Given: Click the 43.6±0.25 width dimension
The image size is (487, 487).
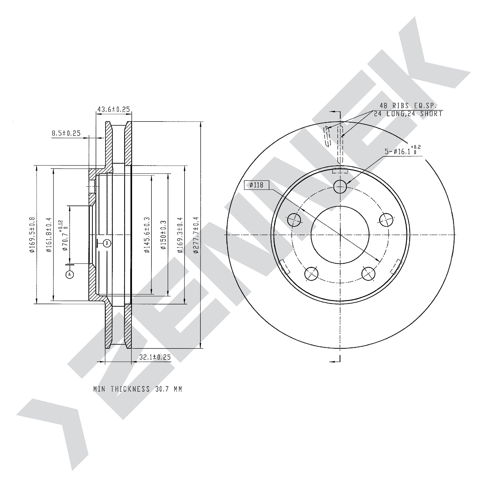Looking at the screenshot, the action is pyautogui.click(x=113, y=109).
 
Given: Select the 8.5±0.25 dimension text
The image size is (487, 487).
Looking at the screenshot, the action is pyautogui.click(x=66, y=133).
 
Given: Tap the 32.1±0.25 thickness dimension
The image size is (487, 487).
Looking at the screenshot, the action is pyautogui.click(x=155, y=357).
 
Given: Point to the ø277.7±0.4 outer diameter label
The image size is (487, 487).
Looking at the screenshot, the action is pyautogui.click(x=196, y=235).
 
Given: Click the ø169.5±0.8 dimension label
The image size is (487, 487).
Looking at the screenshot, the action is pyautogui.click(x=32, y=235).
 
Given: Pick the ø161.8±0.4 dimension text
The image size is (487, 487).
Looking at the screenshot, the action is pyautogui.click(x=49, y=235).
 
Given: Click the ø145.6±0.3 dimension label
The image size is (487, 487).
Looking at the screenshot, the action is pyautogui.click(x=147, y=235).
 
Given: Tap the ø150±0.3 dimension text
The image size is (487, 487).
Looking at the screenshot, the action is pyautogui.click(x=164, y=235).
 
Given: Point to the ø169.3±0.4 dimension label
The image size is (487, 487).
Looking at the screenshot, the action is pyautogui.click(x=180, y=235).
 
